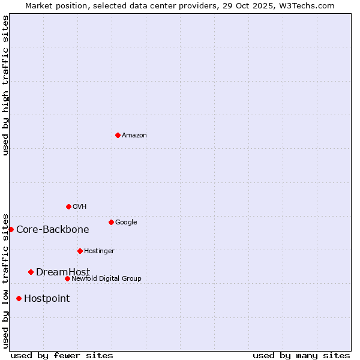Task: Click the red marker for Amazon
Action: point(118,135)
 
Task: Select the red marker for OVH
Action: point(68,206)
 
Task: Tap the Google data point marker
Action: point(111,222)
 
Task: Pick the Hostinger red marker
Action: point(80,251)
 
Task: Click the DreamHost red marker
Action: point(31,272)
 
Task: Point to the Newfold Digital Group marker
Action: point(67,278)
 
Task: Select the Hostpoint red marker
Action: point(19,298)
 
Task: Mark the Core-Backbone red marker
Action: point(11,229)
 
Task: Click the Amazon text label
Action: point(134,136)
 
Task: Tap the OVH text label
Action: point(79,207)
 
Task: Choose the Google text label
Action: point(126,223)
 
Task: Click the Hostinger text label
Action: point(99,251)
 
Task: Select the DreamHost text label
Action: point(63,272)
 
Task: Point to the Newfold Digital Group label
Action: point(106,279)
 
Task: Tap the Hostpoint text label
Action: point(47,299)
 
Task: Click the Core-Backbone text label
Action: point(53,230)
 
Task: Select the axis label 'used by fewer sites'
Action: point(62,355)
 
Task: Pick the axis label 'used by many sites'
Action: point(301,355)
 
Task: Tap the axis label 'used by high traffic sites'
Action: point(6,85)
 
